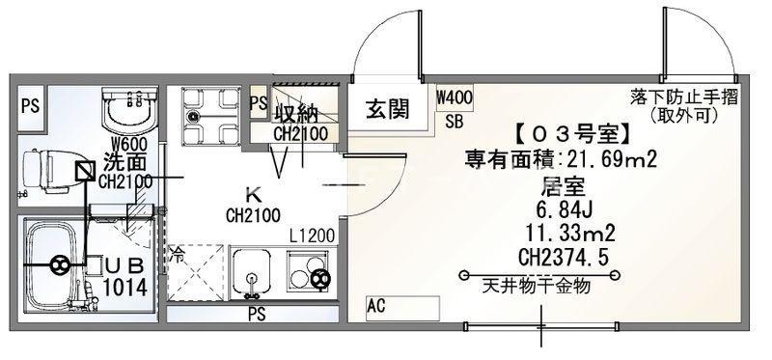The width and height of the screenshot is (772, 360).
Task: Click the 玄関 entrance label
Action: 388,109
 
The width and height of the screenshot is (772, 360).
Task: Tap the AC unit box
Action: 402,308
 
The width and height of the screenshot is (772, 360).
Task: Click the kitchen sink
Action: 251,273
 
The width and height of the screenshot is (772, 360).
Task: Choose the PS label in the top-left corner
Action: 31,106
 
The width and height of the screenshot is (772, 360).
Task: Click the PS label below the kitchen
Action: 257,314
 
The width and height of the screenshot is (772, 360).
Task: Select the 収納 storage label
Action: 295,114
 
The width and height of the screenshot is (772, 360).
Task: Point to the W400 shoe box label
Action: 455,97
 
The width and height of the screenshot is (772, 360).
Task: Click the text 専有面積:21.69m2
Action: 561,160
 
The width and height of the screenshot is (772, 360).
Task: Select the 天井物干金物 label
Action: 537,286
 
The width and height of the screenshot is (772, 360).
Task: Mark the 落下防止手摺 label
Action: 684,97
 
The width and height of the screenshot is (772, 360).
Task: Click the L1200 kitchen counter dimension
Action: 312,236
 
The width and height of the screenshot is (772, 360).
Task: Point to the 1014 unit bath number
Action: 125,288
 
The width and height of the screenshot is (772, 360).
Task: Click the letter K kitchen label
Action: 254,196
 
